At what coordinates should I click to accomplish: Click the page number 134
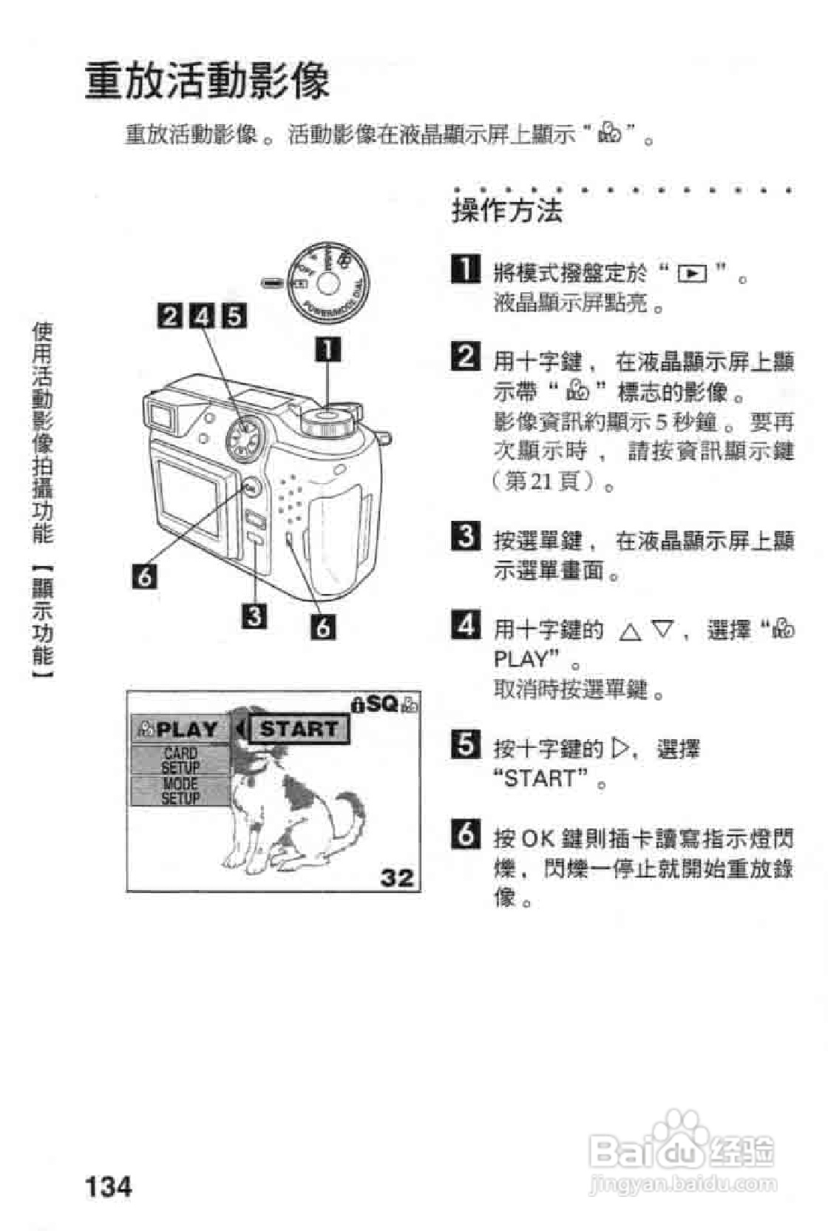(x=109, y=1186)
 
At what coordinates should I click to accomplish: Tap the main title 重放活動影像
(x=207, y=81)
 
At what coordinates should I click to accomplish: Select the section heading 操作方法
(x=507, y=211)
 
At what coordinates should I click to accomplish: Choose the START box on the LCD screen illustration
(x=299, y=729)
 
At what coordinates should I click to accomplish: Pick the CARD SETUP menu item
(x=180, y=760)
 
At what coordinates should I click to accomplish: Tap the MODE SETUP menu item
(x=180, y=791)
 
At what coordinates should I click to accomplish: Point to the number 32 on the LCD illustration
(x=397, y=877)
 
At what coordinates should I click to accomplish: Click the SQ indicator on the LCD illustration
(x=383, y=703)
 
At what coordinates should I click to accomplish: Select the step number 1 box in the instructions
(x=465, y=269)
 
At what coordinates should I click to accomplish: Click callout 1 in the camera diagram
(x=328, y=349)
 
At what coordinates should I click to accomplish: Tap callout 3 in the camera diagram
(x=255, y=615)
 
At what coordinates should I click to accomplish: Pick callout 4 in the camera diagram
(x=202, y=316)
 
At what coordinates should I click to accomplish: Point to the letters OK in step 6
(x=537, y=839)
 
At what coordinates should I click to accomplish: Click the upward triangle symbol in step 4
(x=630, y=631)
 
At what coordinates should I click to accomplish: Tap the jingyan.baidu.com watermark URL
(x=683, y=1184)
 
